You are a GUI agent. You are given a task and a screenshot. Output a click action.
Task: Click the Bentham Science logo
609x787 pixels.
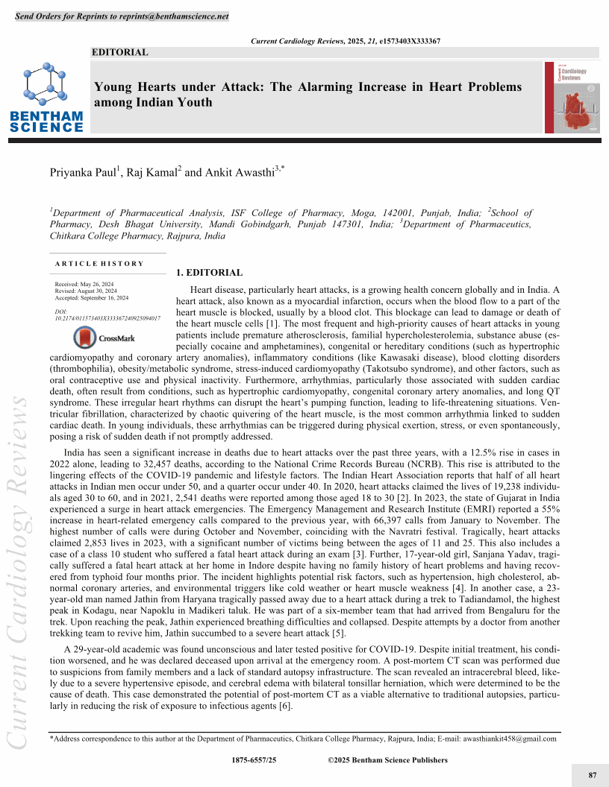[46, 97]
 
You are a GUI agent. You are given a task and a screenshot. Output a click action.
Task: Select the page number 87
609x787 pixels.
[593, 776]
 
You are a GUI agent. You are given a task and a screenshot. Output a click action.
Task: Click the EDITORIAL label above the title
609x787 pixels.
[120, 52]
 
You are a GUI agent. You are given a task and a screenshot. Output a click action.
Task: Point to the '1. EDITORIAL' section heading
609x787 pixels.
[208, 273]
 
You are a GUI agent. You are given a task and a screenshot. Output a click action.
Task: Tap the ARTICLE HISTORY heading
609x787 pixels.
[99, 264]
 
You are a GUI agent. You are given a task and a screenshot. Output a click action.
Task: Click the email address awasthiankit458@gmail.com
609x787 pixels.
[507, 739]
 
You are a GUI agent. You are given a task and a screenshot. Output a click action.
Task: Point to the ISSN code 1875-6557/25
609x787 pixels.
[254, 760]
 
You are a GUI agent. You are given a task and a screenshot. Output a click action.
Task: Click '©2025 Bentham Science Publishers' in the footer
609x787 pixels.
[387, 760]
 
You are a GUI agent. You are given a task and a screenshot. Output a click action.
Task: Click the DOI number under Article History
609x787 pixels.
[107, 317]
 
